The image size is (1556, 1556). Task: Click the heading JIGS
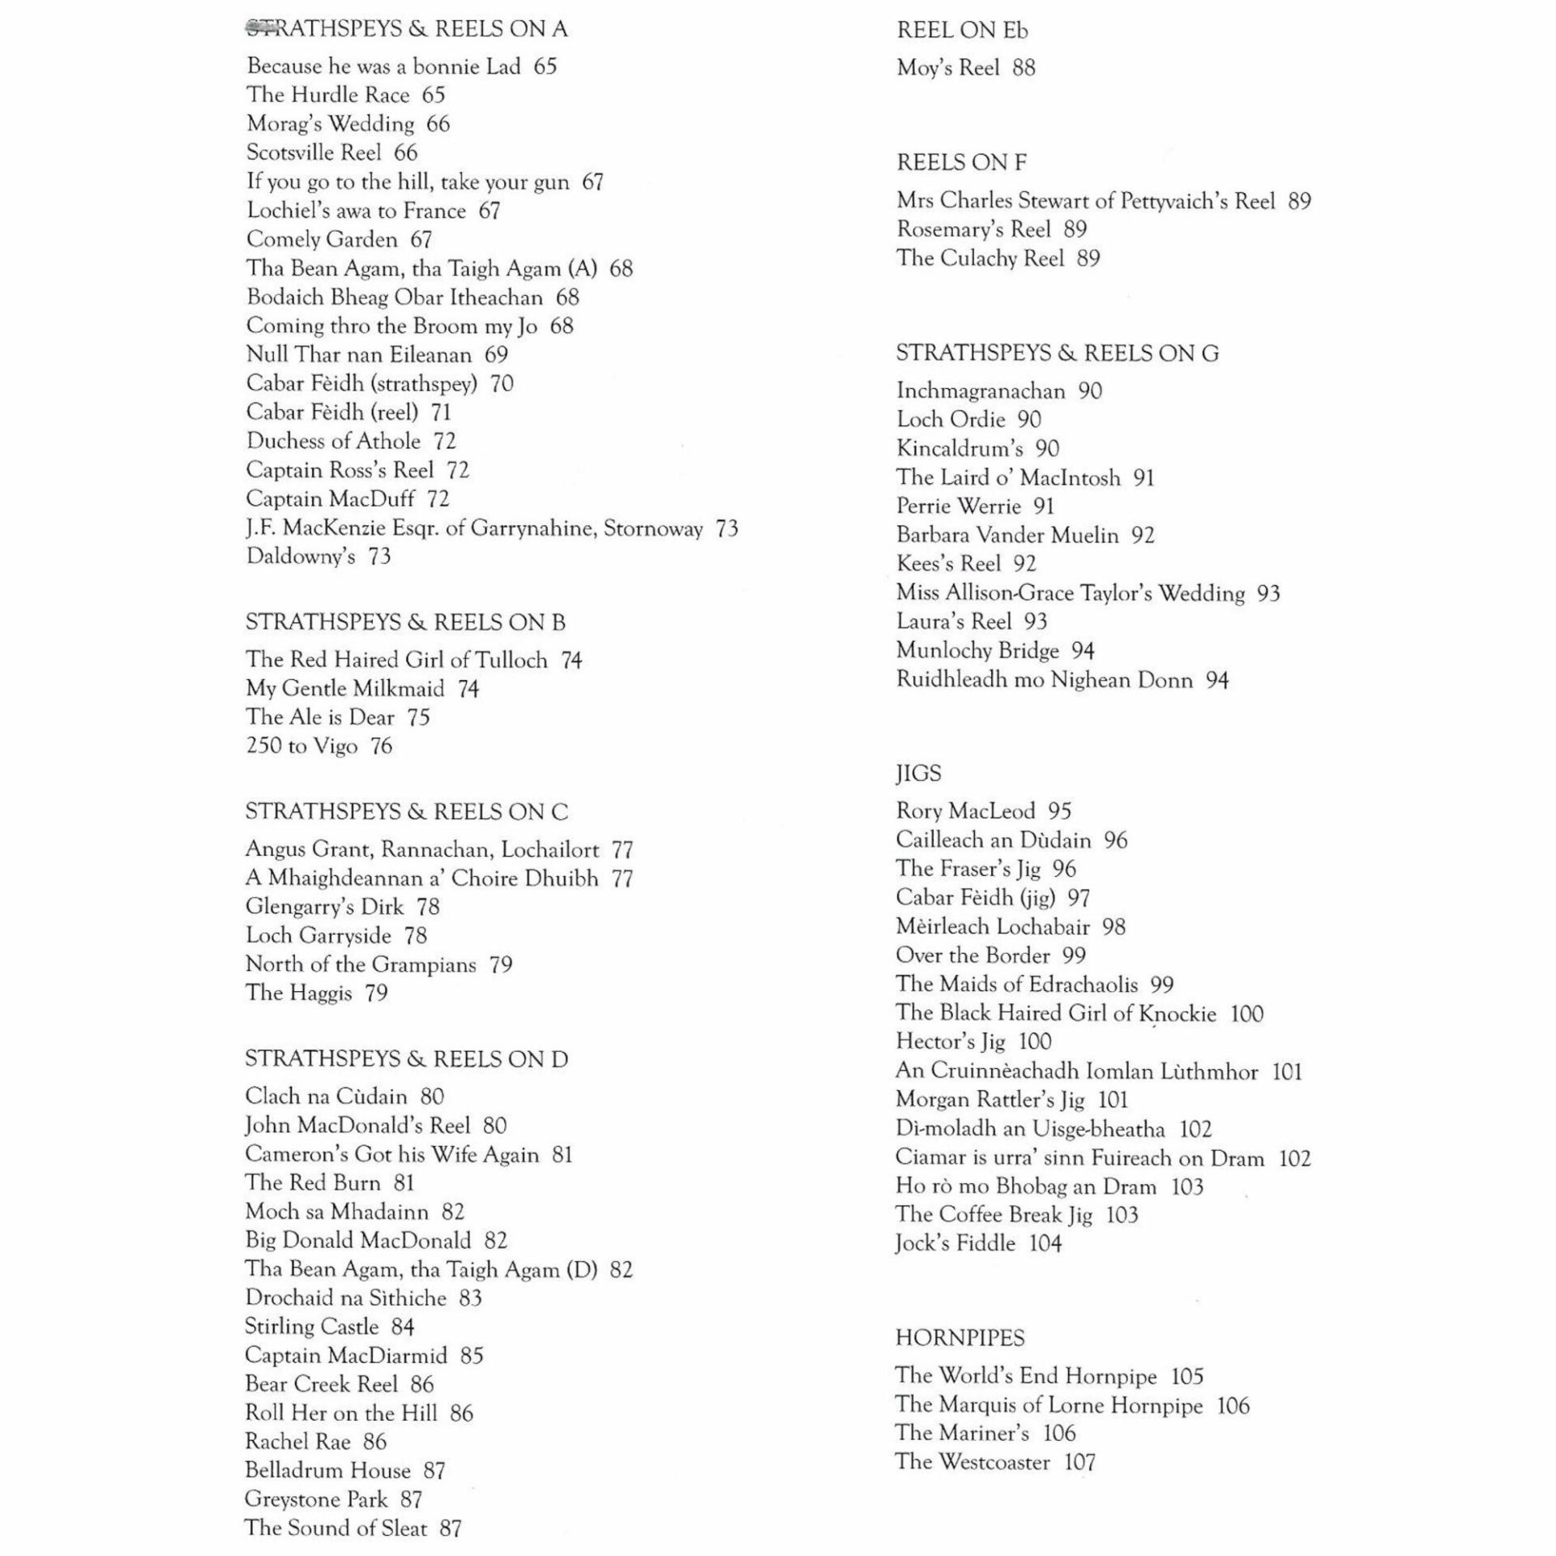(x=918, y=773)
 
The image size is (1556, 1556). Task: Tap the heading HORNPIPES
(x=960, y=1338)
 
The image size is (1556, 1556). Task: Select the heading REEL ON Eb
(x=962, y=31)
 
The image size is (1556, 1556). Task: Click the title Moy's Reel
(x=947, y=68)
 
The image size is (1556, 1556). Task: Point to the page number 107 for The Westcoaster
(x=1079, y=1462)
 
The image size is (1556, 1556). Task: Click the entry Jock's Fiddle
(x=955, y=1243)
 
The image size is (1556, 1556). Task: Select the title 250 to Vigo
(x=301, y=746)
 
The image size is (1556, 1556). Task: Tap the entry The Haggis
(x=298, y=993)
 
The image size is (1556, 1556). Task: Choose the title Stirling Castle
(x=312, y=1327)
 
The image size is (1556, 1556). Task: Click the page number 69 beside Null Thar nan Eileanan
(x=496, y=355)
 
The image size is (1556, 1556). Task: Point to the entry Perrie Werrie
(x=958, y=507)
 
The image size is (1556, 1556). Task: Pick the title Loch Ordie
(x=950, y=420)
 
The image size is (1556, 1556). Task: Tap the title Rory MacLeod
(x=965, y=811)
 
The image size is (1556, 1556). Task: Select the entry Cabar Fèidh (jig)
(x=975, y=898)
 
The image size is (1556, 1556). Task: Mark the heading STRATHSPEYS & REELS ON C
(x=407, y=812)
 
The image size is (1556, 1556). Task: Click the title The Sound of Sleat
(x=336, y=1528)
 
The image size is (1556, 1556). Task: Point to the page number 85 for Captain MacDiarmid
(x=471, y=1356)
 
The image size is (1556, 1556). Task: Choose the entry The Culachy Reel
(x=980, y=259)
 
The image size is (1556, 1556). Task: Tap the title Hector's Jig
(x=950, y=1041)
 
